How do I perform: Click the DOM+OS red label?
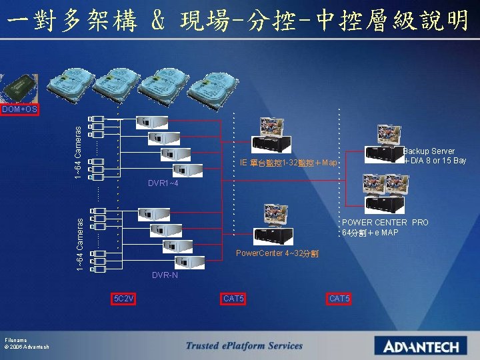click(19, 109)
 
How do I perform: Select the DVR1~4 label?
click(162, 183)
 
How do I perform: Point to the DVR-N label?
click(165, 275)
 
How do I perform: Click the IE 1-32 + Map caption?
click(289, 163)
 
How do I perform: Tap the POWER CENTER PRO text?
click(385, 223)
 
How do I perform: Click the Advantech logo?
click(421, 346)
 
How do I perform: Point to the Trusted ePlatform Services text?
click(244, 345)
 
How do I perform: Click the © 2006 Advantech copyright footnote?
click(26, 347)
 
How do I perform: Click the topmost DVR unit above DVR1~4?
click(151, 122)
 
